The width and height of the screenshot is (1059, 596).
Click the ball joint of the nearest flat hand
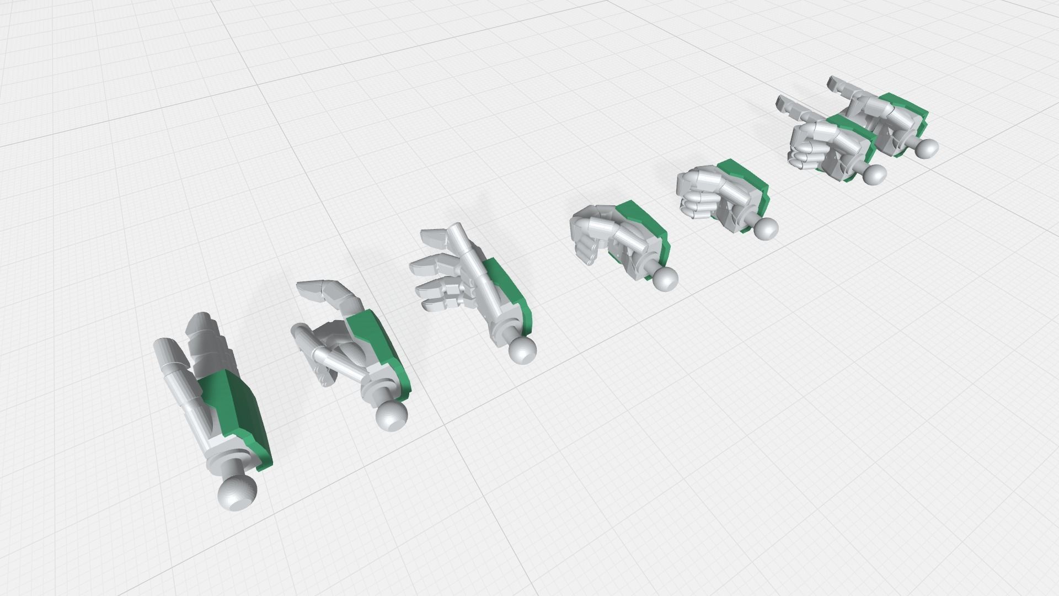point(238,492)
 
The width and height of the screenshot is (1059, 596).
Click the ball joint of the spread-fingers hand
point(521,349)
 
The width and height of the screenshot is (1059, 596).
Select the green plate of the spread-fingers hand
point(510,292)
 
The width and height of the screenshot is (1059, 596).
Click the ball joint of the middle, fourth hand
point(666,279)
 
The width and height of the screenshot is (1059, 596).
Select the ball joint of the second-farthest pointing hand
point(875,174)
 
